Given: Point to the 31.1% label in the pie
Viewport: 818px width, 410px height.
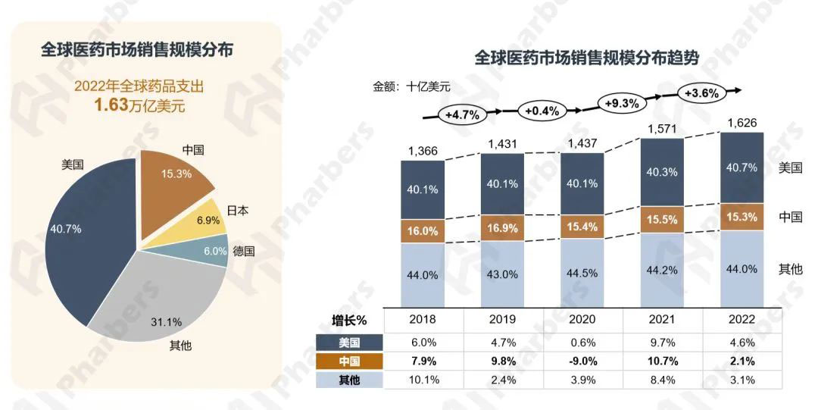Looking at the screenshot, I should tap(167, 321).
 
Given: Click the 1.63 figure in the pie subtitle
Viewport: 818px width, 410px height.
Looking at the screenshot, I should tap(111, 105).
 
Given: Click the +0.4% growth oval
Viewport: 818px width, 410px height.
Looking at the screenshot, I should tap(542, 111).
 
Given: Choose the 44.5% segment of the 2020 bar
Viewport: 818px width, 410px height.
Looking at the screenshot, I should tap(582, 272).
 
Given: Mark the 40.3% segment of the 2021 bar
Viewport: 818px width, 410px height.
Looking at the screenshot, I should tap(663, 172).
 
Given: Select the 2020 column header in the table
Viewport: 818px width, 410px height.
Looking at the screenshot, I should tap(582, 320).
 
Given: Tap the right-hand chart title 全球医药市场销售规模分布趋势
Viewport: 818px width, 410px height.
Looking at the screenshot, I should tap(586, 58).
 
